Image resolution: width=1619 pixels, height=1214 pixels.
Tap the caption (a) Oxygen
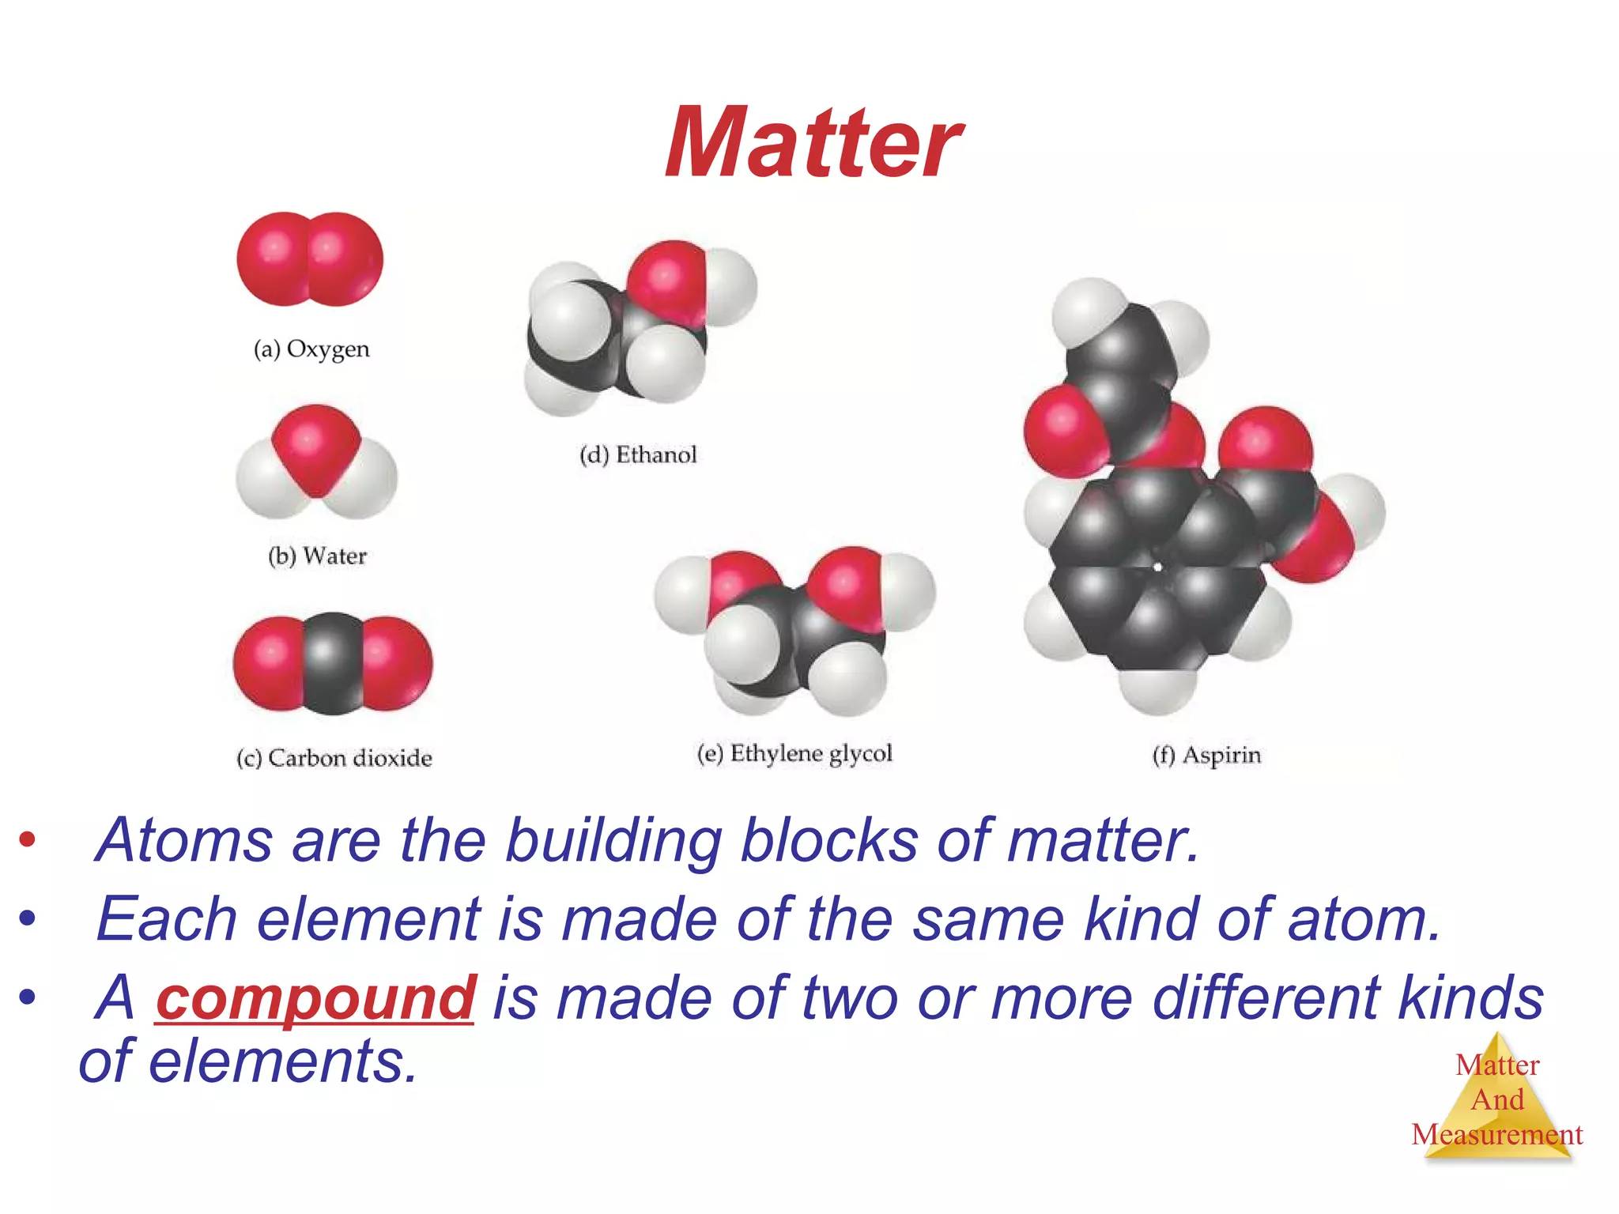(311, 349)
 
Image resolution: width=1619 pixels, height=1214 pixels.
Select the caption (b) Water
(318, 556)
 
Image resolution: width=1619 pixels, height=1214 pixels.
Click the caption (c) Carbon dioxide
(334, 758)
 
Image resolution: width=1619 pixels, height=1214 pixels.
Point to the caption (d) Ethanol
(639, 455)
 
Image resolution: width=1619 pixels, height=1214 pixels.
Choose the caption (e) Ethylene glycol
(794, 753)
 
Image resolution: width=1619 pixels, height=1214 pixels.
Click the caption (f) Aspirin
(1206, 756)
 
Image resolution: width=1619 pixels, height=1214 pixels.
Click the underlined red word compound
(315, 997)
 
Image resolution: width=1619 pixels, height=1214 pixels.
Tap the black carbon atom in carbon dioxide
(333, 664)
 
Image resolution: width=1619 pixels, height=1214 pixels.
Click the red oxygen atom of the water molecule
(315, 447)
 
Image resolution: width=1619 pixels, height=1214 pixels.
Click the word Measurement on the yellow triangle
(1496, 1135)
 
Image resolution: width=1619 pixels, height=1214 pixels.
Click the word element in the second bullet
(368, 919)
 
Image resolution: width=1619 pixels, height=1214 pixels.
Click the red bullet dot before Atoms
(28, 840)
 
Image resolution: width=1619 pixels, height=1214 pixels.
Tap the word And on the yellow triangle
(1497, 1099)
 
